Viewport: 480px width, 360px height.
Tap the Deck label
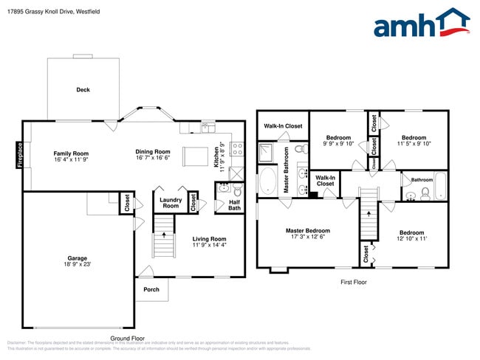point(83,90)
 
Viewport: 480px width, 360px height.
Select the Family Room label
point(71,153)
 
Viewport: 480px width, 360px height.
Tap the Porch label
point(151,289)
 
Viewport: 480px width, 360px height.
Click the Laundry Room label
point(171,203)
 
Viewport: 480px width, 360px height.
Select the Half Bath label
point(234,204)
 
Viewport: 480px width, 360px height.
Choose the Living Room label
point(209,239)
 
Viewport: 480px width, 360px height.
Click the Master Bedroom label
point(307,231)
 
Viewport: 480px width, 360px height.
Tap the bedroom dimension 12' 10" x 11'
point(412,238)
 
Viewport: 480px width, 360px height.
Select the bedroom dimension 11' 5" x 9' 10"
point(413,144)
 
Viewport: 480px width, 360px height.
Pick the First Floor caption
point(353,282)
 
